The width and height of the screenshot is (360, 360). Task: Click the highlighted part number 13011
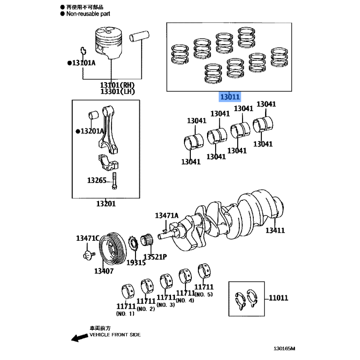pyautogui.click(x=230, y=97)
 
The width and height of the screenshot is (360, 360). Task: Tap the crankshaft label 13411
pyautogui.click(x=275, y=230)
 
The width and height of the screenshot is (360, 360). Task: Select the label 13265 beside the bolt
pyautogui.click(x=97, y=180)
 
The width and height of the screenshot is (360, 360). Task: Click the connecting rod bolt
pyautogui.click(x=114, y=181)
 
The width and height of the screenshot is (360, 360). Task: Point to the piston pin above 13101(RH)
pyautogui.click(x=139, y=36)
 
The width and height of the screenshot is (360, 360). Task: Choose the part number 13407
pyautogui.click(x=104, y=271)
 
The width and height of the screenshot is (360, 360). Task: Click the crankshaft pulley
pyautogui.click(x=113, y=250)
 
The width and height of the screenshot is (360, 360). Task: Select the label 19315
pyautogui.click(x=136, y=263)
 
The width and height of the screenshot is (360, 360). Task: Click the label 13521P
pyautogui.click(x=155, y=257)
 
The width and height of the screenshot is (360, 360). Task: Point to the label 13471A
pyautogui.click(x=166, y=216)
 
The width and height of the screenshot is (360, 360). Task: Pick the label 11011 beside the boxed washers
pyautogui.click(x=278, y=298)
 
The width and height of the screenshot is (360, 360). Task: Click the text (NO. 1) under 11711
pyautogui.click(x=126, y=314)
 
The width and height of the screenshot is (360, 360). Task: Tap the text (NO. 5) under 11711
pyautogui.click(x=204, y=294)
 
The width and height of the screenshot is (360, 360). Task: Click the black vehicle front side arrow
pyautogui.click(x=80, y=337)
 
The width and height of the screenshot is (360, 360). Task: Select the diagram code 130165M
pyautogui.click(x=284, y=348)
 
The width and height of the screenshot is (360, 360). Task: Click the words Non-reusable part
pyautogui.click(x=88, y=14)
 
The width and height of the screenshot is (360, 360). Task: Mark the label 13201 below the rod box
pyautogui.click(x=106, y=204)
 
